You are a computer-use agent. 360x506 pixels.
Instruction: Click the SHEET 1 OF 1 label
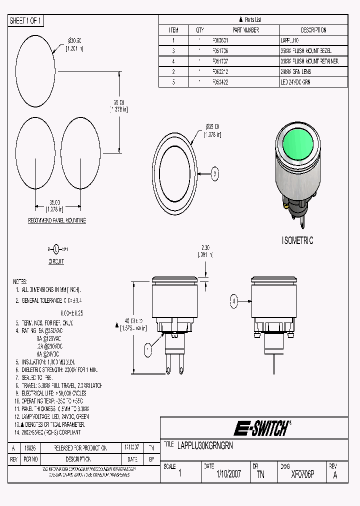(x=26, y=20)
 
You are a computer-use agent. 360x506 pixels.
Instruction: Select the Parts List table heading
(x=253, y=19)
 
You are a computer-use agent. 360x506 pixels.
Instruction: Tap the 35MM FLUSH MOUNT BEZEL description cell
(x=306, y=51)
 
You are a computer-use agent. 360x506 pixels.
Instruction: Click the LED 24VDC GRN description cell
(x=295, y=82)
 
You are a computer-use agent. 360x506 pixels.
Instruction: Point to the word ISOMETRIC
(x=297, y=240)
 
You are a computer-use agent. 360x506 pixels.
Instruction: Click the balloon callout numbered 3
(x=214, y=174)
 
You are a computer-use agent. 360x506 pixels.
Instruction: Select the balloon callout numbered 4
(x=233, y=301)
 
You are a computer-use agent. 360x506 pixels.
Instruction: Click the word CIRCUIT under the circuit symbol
(x=56, y=261)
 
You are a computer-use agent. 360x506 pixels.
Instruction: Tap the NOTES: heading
(x=20, y=281)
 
